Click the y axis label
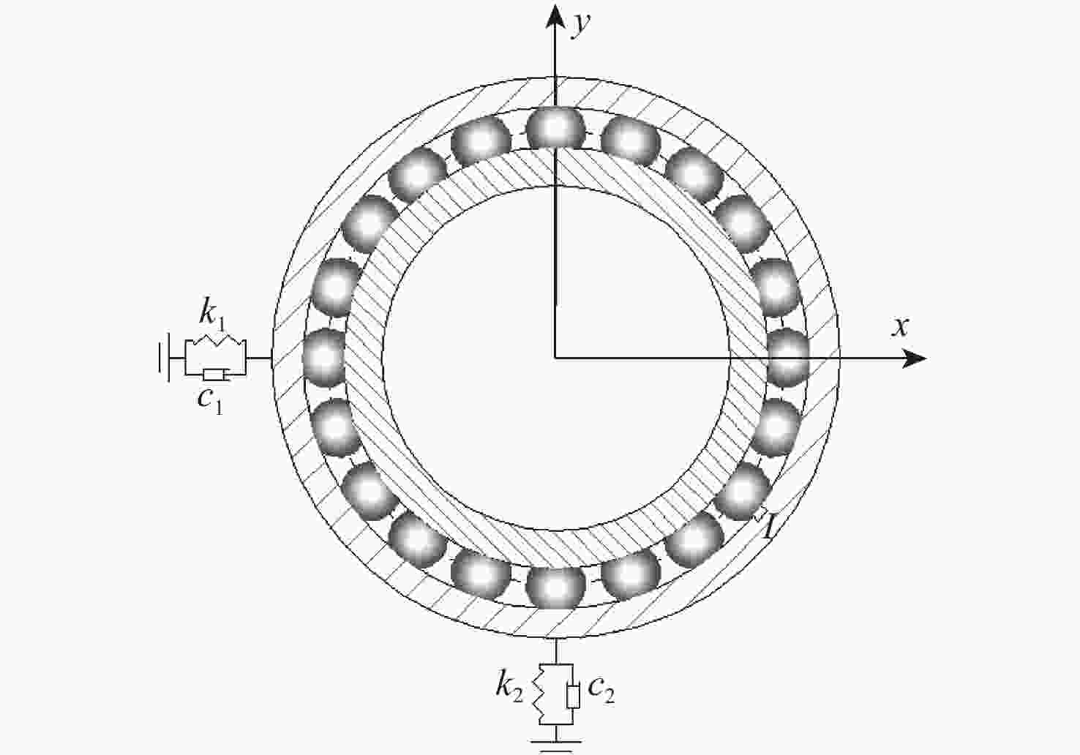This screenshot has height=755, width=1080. tap(580, 25)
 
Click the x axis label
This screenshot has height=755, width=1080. tap(900, 327)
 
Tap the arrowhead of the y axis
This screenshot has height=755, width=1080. tap(555, 16)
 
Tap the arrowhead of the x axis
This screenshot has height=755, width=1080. tap(914, 358)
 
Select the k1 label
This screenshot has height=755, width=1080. tap(212, 315)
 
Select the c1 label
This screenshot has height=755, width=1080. tap(210, 401)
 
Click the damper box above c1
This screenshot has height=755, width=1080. tap(213, 375)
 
